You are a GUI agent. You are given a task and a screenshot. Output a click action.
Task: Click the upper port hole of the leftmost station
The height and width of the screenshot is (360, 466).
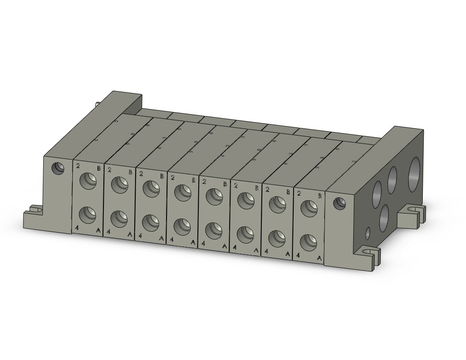88,180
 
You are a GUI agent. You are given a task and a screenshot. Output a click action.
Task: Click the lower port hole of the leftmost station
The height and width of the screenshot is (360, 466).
88,214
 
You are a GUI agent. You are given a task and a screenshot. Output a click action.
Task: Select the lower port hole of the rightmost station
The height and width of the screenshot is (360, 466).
308,242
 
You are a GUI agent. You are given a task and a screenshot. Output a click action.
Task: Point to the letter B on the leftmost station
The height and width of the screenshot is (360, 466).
99,168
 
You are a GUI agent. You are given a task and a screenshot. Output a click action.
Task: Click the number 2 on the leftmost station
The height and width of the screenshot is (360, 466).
78,166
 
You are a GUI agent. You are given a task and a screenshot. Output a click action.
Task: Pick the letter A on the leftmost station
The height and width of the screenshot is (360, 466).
98,230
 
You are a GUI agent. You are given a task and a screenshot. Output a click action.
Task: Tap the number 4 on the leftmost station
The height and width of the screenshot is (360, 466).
77,228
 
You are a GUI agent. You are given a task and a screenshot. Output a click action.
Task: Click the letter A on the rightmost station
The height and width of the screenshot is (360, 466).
319,258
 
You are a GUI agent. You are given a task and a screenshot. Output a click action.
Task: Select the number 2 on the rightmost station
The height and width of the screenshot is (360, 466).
299,194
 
